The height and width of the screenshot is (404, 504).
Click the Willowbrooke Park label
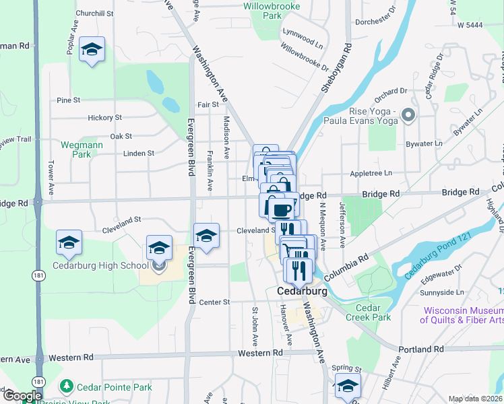(x=262, y=9)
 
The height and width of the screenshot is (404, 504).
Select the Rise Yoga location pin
(x=407, y=116)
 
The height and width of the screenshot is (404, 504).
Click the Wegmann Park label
(x=75, y=149)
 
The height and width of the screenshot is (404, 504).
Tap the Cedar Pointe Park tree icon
(x=66, y=386)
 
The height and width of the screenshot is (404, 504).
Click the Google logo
(x=22, y=396)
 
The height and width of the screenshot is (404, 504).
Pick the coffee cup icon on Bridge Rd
(x=283, y=208)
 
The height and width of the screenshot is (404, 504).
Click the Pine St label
(x=69, y=100)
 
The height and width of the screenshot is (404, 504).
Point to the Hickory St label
(x=104, y=117)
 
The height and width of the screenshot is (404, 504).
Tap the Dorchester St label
(x=377, y=22)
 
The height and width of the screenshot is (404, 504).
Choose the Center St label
(x=215, y=302)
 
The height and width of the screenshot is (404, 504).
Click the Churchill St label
(x=94, y=13)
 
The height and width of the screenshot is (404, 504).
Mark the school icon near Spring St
(x=348, y=386)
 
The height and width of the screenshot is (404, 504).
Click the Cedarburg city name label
(x=303, y=292)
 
